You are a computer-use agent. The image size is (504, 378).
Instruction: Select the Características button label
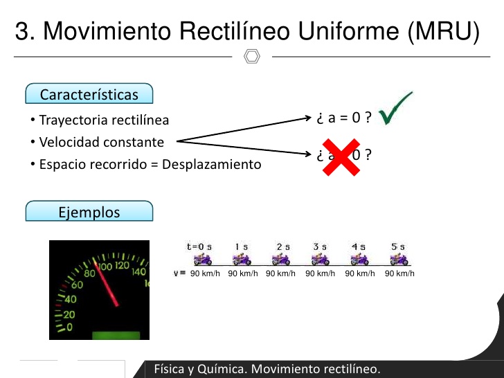click(x=89, y=95)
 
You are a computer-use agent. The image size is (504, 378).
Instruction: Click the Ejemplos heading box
click(x=89, y=212)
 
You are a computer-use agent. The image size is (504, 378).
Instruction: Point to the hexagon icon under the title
click(x=252, y=56)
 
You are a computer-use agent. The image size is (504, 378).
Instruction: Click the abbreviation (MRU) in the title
click(x=444, y=31)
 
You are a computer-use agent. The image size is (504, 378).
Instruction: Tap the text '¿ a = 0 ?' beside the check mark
click(x=344, y=118)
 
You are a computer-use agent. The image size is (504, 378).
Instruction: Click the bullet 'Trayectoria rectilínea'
click(x=104, y=120)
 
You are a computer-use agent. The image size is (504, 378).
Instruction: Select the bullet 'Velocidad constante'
click(x=101, y=142)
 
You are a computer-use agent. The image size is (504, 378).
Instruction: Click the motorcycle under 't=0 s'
click(x=202, y=260)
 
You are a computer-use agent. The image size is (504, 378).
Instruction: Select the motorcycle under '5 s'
click(x=397, y=260)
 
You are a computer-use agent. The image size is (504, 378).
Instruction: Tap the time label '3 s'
click(x=320, y=246)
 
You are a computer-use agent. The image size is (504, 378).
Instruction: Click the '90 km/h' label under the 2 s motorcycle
click(x=280, y=273)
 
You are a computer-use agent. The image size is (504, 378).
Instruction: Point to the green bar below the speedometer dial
click(x=116, y=336)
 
